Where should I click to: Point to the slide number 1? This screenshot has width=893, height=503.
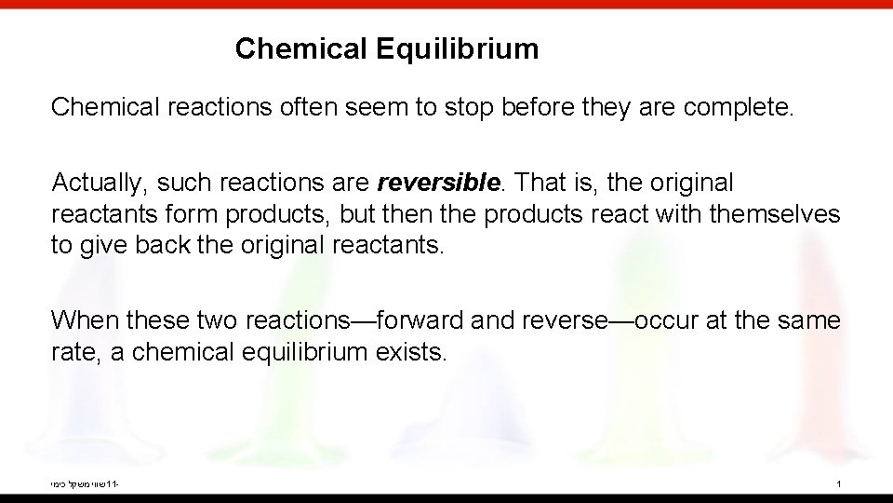click(x=839, y=484)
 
